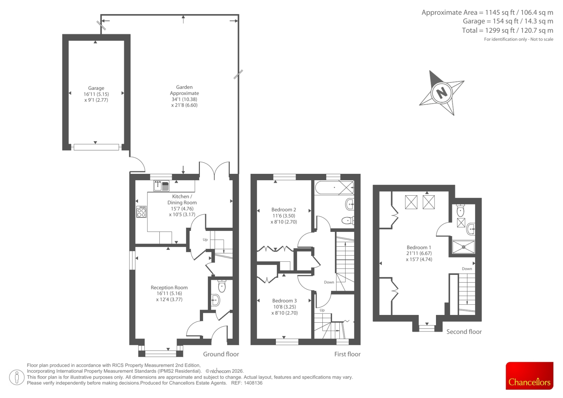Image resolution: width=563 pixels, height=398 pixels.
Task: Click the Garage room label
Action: coord(96,94)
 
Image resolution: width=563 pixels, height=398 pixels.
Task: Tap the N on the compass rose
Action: coord(442,93)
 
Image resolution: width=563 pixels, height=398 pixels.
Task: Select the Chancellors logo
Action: coord(530,375)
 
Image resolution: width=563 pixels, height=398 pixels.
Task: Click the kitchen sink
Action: coord(162,186)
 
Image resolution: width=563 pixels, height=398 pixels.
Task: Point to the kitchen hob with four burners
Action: coord(141,211)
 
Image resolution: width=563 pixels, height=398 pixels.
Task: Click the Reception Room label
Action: coord(169,293)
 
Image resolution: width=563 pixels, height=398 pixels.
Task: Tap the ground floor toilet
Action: coord(222,286)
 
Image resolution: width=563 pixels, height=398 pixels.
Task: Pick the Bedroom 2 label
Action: coord(284,216)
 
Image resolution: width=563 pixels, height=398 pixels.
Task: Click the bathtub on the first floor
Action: coord(334,188)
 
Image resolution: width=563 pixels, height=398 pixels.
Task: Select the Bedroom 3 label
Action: coord(285,307)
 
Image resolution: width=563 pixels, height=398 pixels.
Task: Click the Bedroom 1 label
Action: coord(419,253)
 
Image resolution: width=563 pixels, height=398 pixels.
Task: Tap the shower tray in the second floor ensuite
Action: coord(463,247)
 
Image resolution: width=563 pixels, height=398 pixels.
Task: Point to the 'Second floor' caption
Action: coord(464,331)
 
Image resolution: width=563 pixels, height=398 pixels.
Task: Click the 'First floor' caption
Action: coord(347,354)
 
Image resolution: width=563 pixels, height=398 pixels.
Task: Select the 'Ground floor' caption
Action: coord(221,354)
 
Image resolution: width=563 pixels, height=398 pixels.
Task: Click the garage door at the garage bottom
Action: coord(96,147)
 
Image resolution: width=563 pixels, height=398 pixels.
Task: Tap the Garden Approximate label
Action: coord(184,96)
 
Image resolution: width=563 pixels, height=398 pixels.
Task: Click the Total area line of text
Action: coord(507,30)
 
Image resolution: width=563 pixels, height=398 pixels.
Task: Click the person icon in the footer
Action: coord(17,377)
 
